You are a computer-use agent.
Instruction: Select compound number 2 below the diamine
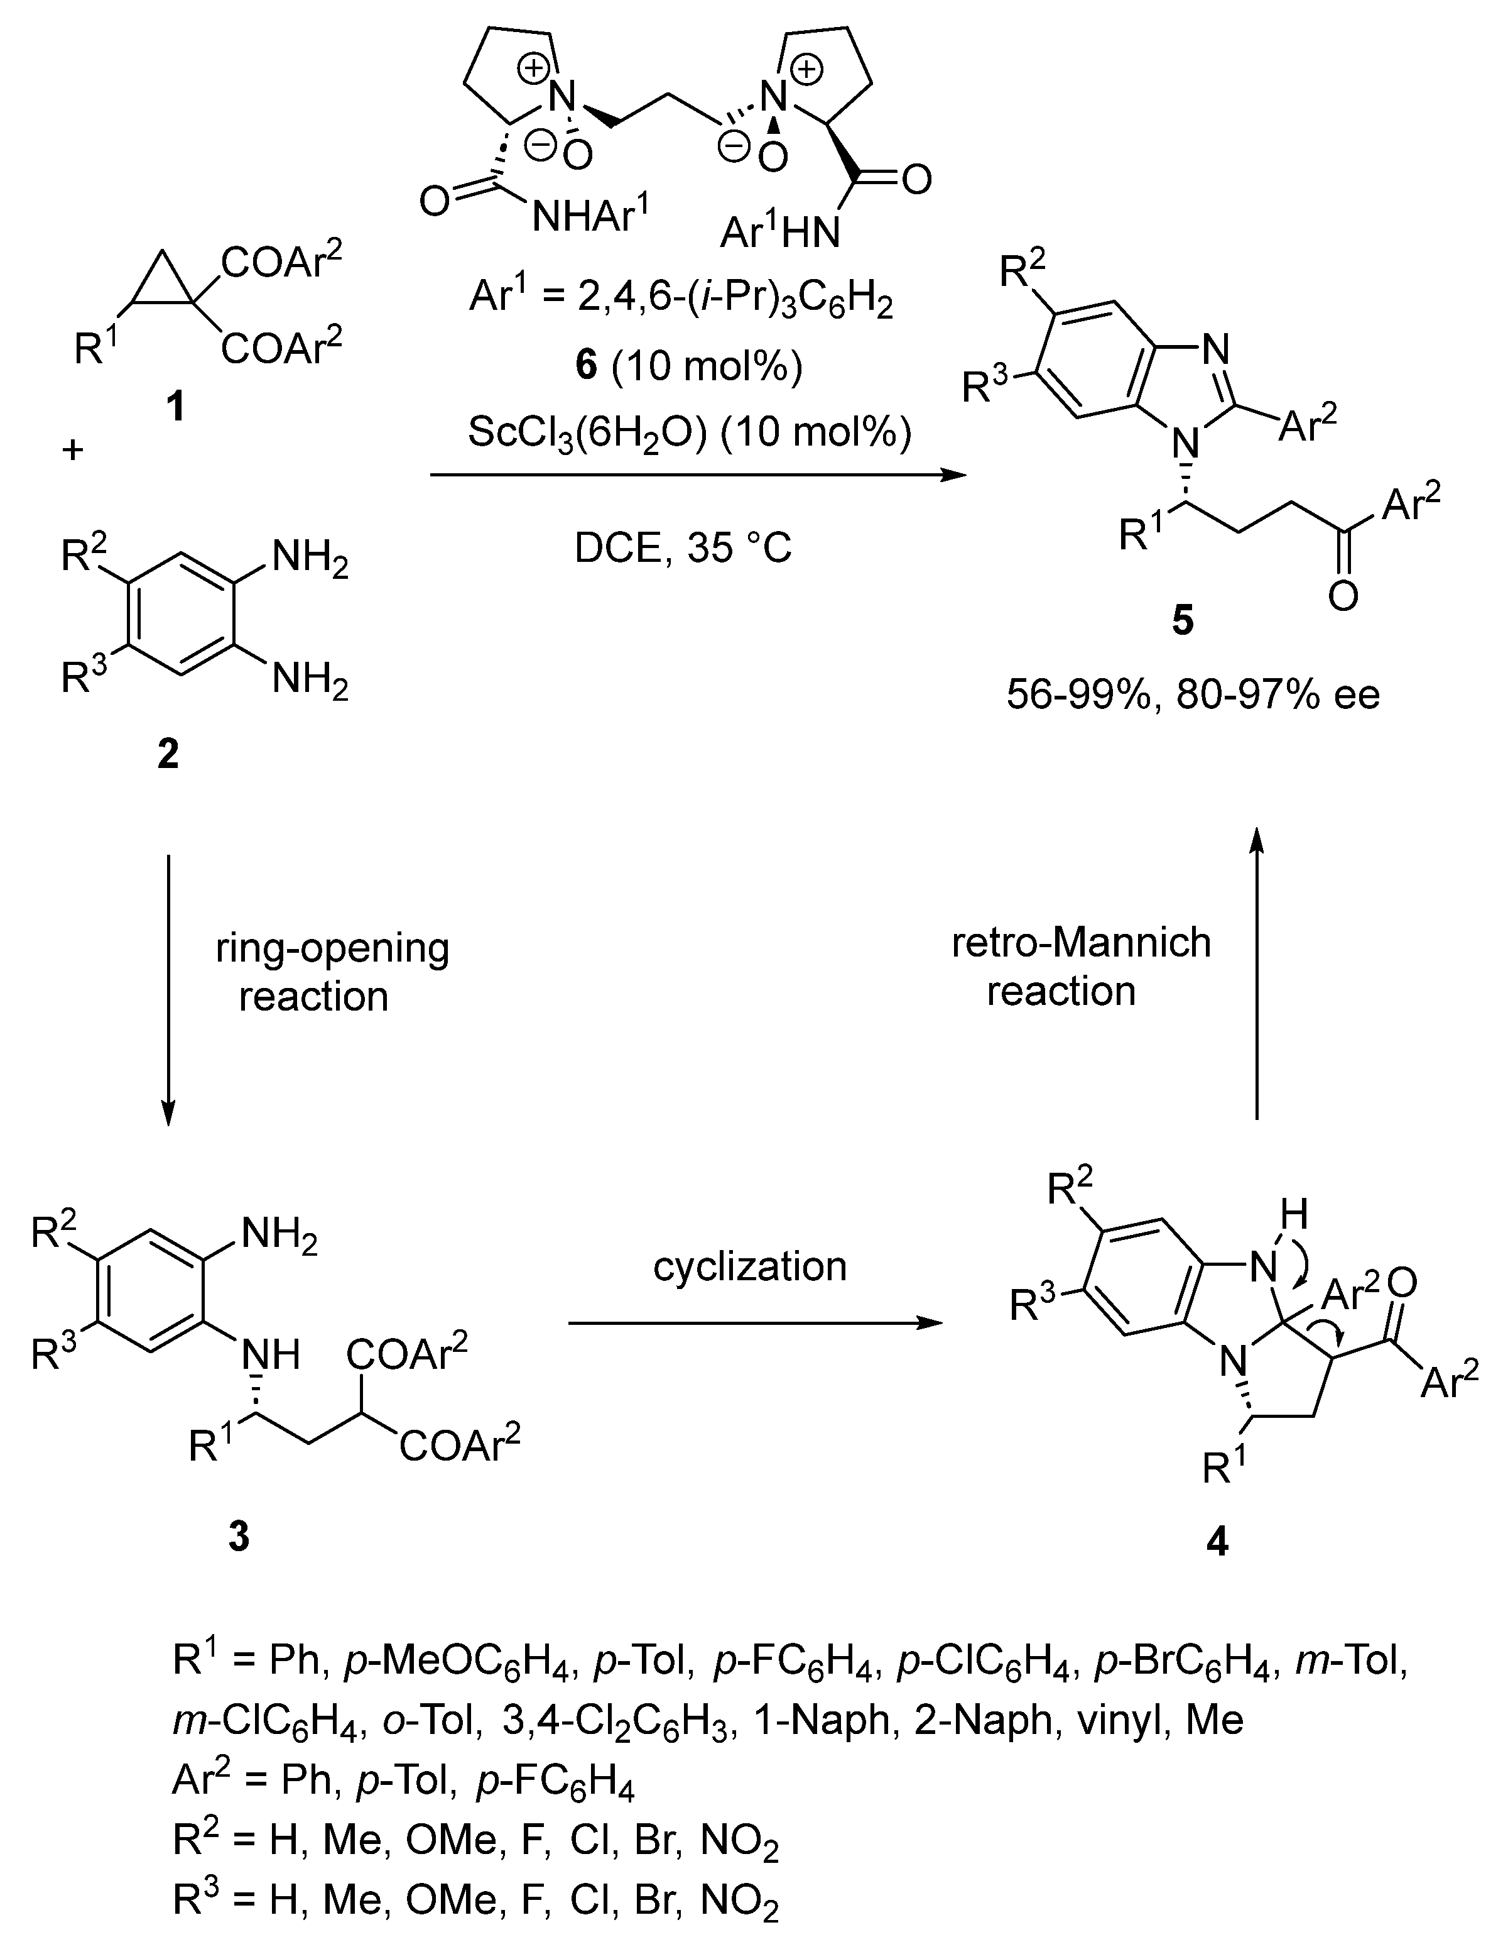click(x=168, y=754)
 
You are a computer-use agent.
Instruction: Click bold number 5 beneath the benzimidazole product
click(x=1183, y=622)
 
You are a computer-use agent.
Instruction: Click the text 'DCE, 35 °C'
click(x=683, y=548)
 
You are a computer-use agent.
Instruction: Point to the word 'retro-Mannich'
click(x=1081, y=942)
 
